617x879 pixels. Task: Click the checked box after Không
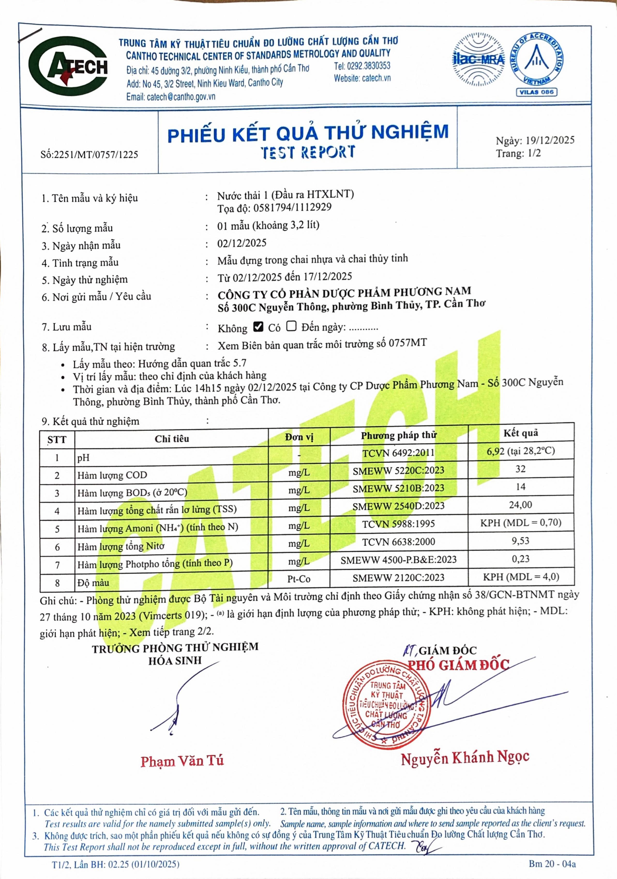tap(258, 326)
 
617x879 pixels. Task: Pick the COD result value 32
tap(520, 469)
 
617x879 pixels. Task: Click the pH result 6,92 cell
tap(520, 451)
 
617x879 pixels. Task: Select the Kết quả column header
tap(520, 433)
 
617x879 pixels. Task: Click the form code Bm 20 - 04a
tap(552, 864)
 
